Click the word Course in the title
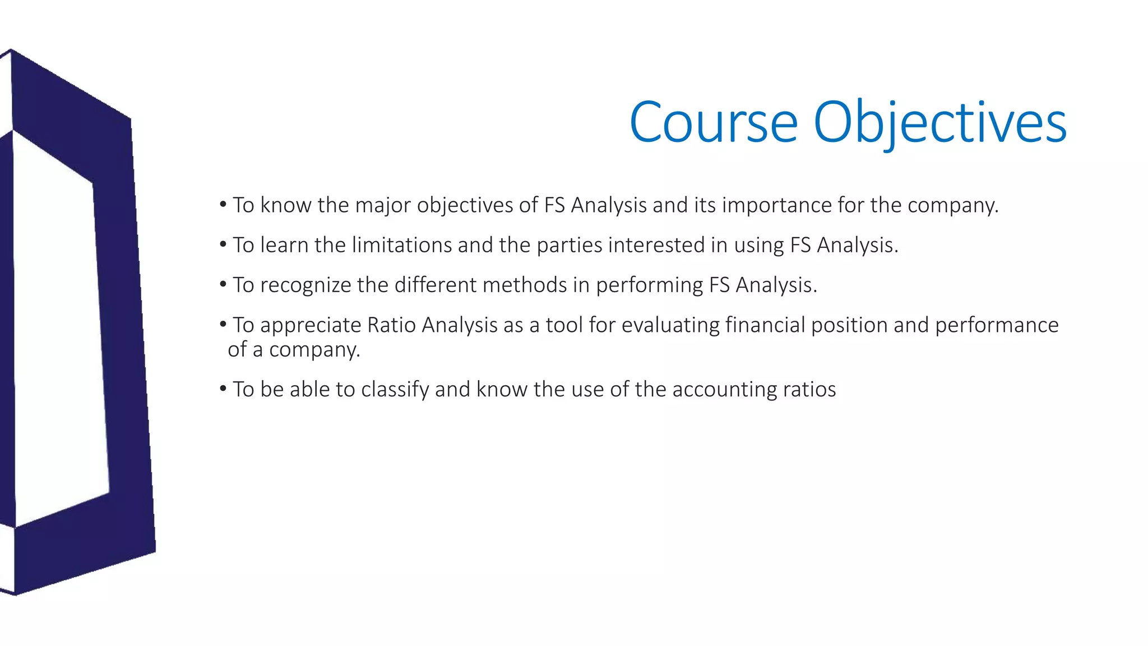click(x=713, y=122)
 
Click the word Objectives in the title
click(x=939, y=122)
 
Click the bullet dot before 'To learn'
click(x=223, y=244)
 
